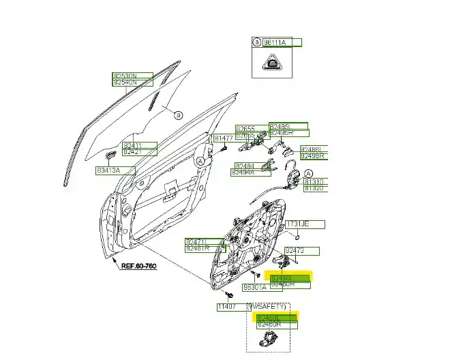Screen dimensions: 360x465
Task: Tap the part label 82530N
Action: (x=125, y=75)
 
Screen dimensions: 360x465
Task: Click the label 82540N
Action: (x=125, y=82)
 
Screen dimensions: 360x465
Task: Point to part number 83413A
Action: (x=108, y=170)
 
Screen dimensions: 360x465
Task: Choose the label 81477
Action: (x=224, y=138)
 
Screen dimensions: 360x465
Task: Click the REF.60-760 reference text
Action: (x=139, y=266)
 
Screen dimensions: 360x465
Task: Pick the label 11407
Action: (x=227, y=307)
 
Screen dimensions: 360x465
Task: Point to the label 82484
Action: (x=245, y=166)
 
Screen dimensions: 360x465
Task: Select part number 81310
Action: (x=315, y=182)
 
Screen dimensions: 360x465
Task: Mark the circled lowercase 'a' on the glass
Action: (x=178, y=115)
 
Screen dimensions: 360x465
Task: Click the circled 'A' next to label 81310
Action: (x=307, y=173)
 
